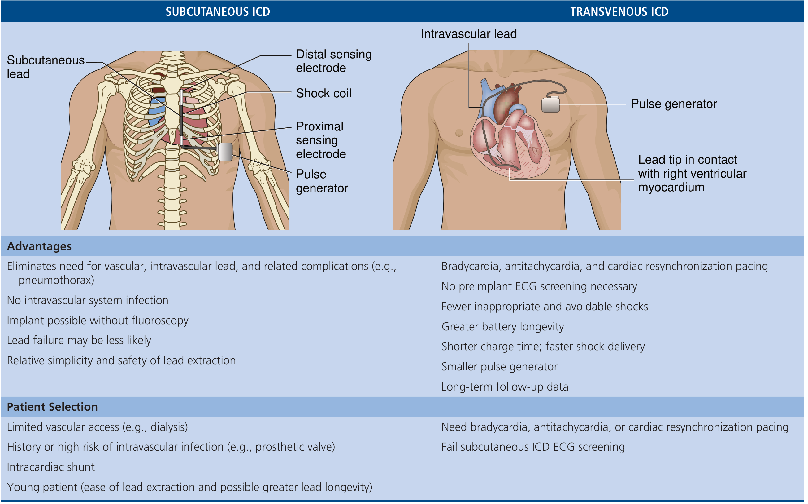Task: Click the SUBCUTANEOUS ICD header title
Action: coord(218,12)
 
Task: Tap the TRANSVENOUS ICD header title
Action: coord(619,12)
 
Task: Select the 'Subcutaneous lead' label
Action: coord(46,67)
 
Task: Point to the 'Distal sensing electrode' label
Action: coord(334,61)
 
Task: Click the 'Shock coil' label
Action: coord(324,93)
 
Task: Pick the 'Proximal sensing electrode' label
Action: coord(321,140)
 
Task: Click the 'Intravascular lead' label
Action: coord(469,34)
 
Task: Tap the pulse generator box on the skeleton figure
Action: coord(225,152)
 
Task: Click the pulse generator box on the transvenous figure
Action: coord(551,104)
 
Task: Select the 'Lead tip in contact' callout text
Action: coord(688,160)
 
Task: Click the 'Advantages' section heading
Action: coord(39,246)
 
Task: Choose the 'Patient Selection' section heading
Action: coord(52,407)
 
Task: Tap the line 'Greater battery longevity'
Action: coord(503,327)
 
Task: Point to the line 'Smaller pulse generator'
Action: coord(499,367)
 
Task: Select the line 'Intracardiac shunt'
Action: coord(50,467)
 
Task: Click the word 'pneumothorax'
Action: coord(54,280)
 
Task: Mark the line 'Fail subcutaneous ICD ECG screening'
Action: coord(533,447)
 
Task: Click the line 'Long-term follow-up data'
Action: coord(505,387)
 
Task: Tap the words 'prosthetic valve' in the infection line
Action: coord(293,447)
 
